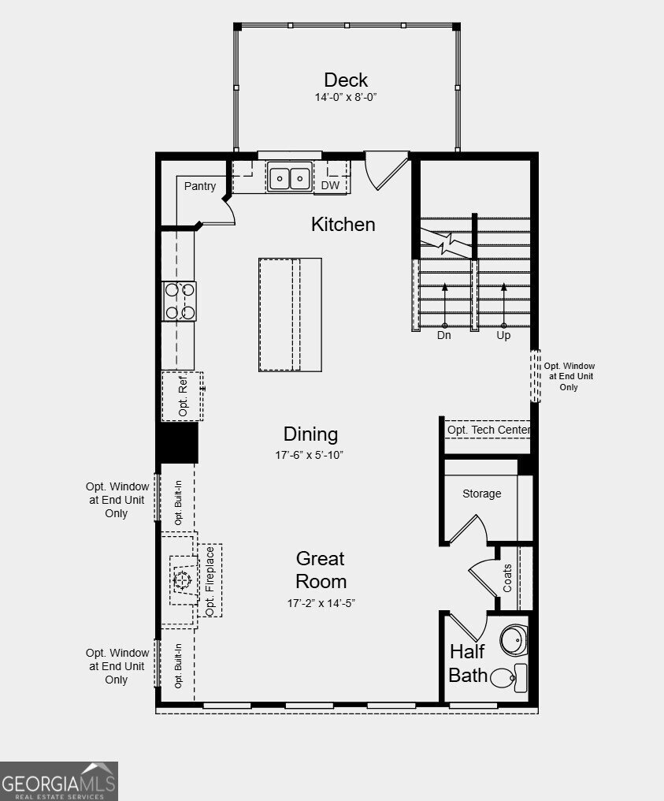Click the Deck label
coord(346,80)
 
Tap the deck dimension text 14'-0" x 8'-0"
coord(346,98)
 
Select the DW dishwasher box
coord(330,185)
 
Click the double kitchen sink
coord(289,178)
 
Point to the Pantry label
coord(200,186)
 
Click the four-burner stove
coord(180,301)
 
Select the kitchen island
coord(290,314)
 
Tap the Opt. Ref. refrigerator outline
coord(183,396)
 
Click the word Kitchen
coord(343,224)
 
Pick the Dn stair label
coord(444,335)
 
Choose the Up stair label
coord(503,335)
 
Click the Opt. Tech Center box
coord(488,430)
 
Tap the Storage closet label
coord(481,494)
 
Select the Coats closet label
coord(507,579)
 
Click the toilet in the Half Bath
coord(510,677)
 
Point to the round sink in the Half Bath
coord(514,640)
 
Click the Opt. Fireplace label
coord(210,582)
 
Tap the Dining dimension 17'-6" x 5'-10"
coord(310,455)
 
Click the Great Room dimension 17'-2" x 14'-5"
coord(321,603)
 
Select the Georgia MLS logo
coord(59,781)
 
